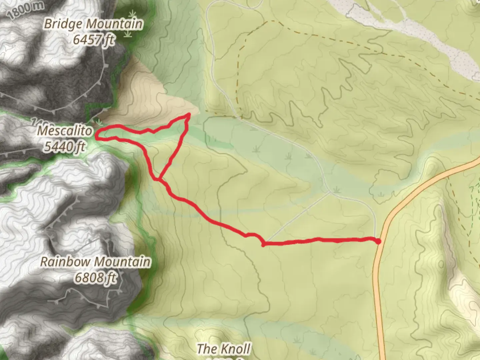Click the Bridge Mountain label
93,24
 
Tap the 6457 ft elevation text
93,40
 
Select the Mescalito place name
64,131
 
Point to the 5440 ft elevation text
64,146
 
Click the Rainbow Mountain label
95,262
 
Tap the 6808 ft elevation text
95,277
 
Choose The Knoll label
223,349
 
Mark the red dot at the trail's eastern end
378,241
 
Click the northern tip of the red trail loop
189,115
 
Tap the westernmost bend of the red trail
97,135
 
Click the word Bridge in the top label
63,24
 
